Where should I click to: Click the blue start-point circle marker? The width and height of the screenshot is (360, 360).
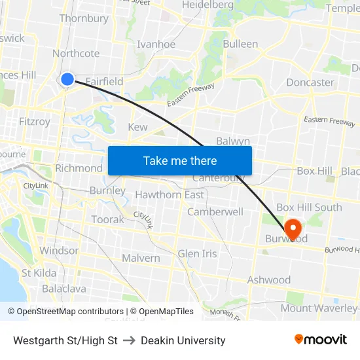tap(67, 79)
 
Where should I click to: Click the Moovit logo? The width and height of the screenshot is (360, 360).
tap(321, 339)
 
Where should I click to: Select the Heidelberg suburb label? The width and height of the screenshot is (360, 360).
tap(207, 5)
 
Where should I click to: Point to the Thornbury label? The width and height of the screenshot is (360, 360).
tap(84, 18)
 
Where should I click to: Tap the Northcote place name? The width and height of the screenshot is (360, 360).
tap(76, 54)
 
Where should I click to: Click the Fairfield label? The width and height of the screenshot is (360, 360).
tap(104, 82)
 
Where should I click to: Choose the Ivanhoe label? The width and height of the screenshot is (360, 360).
tap(156, 45)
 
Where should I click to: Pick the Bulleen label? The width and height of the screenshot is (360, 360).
tap(240, 44)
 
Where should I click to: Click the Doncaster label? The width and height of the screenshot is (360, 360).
tap(310, 82)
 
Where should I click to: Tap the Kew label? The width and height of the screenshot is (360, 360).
tap(137, 127)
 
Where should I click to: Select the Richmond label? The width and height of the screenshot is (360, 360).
tap(79, 168)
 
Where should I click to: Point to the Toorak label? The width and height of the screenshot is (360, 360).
tap(107, 219)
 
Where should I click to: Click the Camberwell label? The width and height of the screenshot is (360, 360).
tap(215, 212)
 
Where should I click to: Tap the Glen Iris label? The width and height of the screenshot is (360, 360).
tap(197, 253)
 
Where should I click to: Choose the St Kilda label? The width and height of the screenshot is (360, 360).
tap(39, 272)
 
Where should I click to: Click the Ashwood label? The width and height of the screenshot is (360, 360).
tap(268, 280)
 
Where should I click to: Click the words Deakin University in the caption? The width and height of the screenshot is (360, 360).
tap(183, 340)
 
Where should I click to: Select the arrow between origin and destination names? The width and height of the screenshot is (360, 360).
tap(129, 340)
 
